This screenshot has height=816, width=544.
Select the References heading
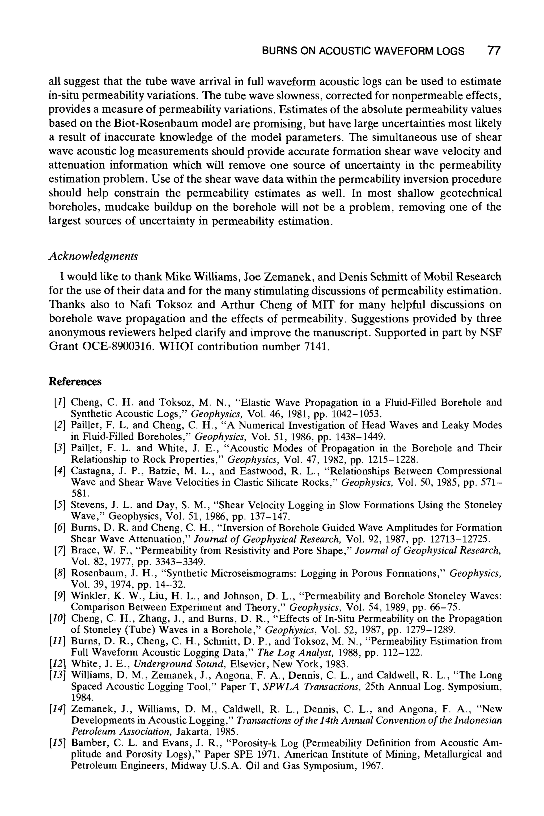pos(75,382)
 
